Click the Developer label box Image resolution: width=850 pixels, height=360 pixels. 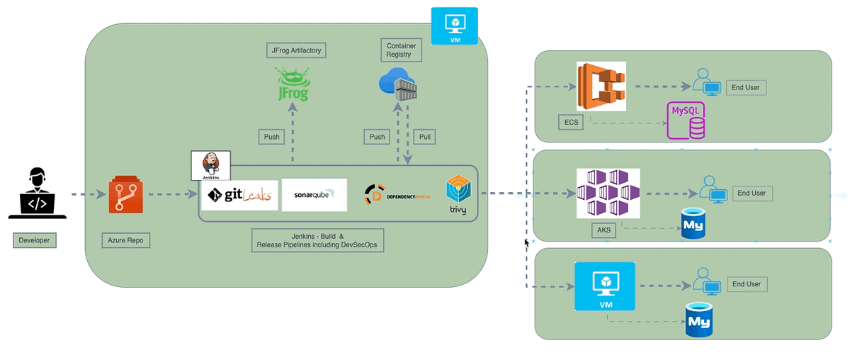click(x=34, y=240)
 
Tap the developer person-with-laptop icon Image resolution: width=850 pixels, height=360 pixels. click(x=37, y=193)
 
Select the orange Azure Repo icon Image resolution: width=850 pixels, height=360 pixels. click(x=125, y=196)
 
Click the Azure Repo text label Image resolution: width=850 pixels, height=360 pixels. click(x=127, y=240)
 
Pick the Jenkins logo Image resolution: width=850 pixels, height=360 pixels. click(x=210, y=165)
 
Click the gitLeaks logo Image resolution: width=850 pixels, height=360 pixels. click(x=239, y=195)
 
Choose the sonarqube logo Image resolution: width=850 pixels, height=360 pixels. click(x=314, y=195)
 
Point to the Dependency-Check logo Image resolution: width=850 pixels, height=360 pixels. click(x=397, y=193)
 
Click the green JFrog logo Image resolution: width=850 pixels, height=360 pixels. click(x=293, y=84)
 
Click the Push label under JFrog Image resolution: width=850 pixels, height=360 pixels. click(x=272, y=136)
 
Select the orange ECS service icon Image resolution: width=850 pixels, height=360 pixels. click(x=601, y=86)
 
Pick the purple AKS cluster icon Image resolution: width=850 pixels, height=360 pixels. click(x=608, y=193)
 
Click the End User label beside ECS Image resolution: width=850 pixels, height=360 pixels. click(x=745, y=87)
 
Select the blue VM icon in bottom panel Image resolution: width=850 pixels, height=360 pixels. click(x=604, y=286)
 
